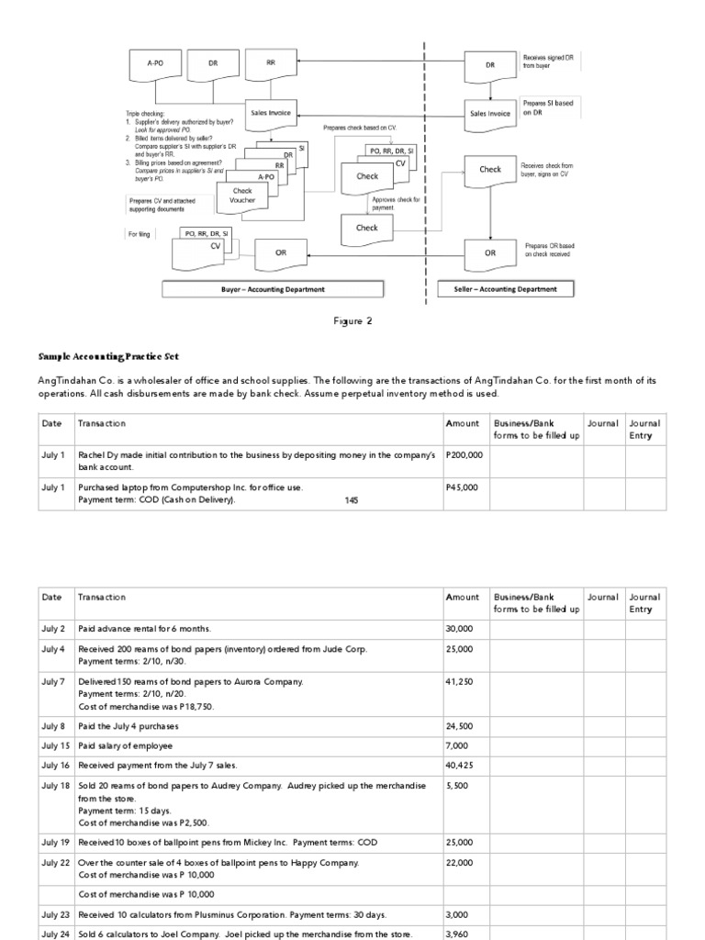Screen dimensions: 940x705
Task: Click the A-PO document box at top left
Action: coord(154,64)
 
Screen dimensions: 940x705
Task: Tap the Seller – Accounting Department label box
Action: coord(505,289)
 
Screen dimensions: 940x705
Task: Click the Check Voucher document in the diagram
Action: coord(242,196)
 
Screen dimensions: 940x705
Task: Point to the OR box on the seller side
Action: coord(490,252)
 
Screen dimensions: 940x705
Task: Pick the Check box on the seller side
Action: coord(490,170)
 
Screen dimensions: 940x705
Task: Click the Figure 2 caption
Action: coord(352,321)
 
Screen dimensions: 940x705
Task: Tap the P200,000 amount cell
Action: coord(463,454)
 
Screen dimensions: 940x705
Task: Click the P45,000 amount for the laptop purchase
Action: coord(461,487)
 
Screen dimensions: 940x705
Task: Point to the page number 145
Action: coord(352,500)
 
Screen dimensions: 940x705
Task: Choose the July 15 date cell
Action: coord(54,745)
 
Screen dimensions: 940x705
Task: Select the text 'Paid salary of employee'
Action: coord(125,745)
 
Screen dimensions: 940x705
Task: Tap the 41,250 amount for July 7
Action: coord(458,682)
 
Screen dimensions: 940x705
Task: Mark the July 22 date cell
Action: coord(54,862)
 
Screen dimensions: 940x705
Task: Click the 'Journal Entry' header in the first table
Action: coord(643,429)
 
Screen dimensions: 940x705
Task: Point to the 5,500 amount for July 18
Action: coord(455,787)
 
